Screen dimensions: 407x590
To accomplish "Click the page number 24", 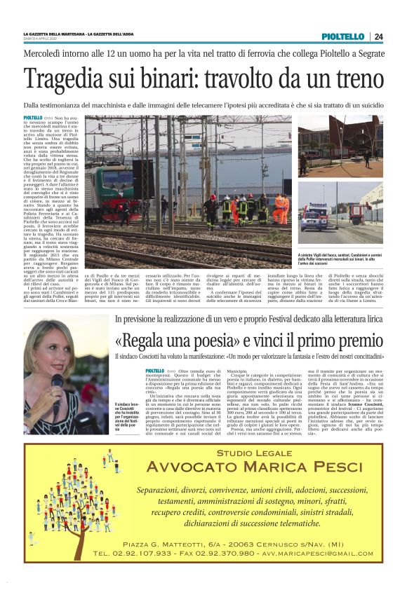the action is (378, 36).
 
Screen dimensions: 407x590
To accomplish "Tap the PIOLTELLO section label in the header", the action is (343, 36).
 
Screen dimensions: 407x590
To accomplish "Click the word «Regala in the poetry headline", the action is (144, 342).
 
